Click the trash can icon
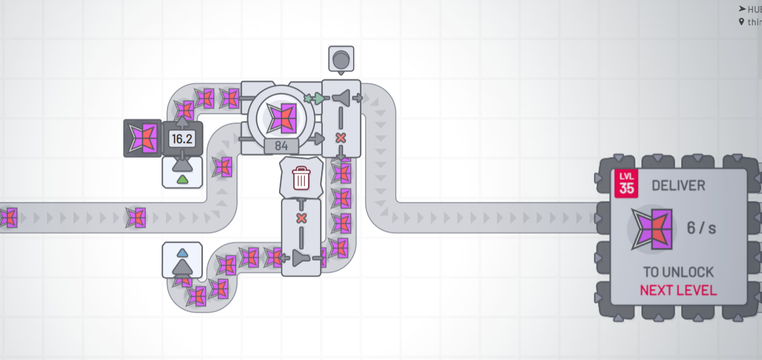pos(301,178)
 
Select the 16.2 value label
pos(182,139)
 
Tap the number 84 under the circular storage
pos(282,146)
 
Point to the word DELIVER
pos(678,186)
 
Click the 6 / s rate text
pos(702,228)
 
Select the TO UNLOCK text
pos(678,272)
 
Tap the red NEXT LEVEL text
pos(678,290)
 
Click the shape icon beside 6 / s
pos(652,228)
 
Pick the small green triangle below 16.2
pos(182,180)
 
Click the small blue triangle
pos(182,253)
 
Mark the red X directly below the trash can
pos(301,218)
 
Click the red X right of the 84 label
pos(341,138)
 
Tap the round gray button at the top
pos(341,57)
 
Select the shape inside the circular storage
pos(282,117)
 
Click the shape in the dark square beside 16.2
pos(142,138)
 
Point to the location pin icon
pos(742,22)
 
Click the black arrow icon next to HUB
pos(742,8)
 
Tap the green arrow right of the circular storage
pos(319,98)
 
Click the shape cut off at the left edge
pos(7,218)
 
